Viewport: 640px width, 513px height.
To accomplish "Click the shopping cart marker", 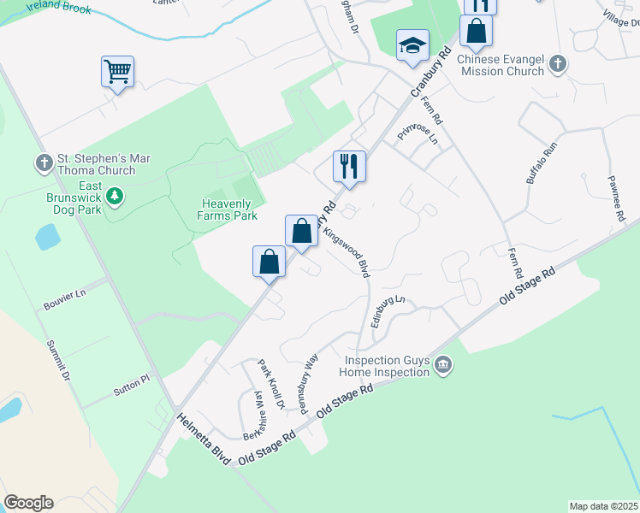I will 117,71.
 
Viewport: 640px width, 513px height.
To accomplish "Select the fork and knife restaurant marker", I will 349,165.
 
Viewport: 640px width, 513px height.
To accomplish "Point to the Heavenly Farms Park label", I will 229,209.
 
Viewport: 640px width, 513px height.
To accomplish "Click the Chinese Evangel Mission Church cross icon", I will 557,63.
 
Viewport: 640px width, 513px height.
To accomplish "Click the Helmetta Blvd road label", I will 204,439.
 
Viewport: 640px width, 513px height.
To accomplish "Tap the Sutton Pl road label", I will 131,385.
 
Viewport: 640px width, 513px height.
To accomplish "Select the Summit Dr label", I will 59,357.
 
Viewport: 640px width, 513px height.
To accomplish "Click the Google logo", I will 28,503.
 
